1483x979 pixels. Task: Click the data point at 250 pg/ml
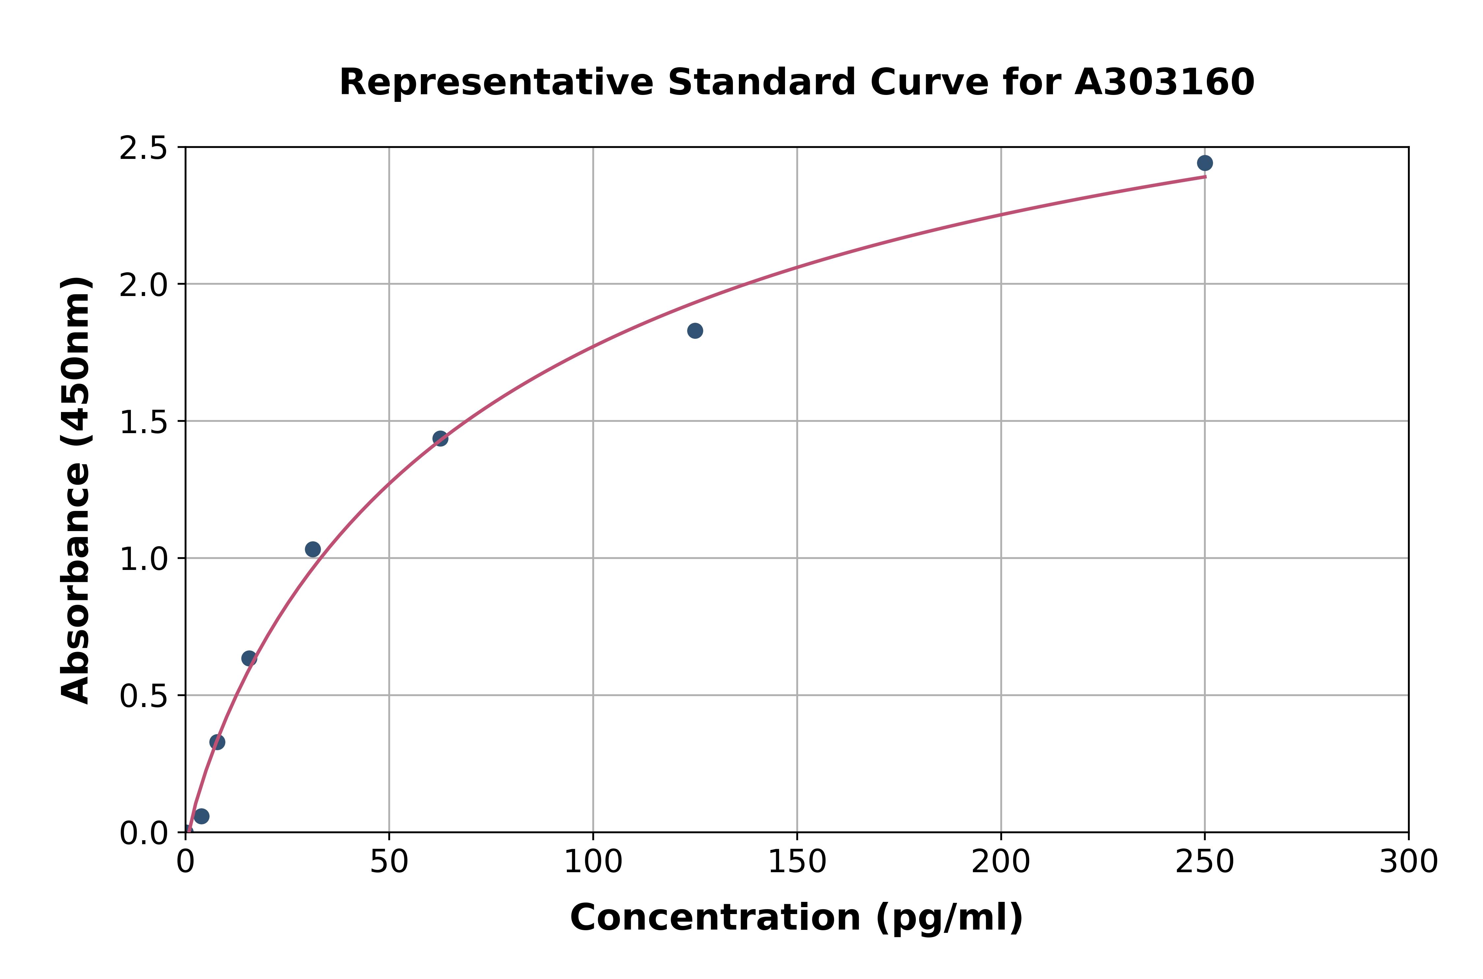point(1205,163)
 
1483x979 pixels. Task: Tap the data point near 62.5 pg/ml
point(440,438)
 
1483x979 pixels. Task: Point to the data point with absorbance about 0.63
point(249,658)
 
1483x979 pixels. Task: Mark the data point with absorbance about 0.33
point(217,742)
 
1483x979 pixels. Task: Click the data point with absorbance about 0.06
point(201,816)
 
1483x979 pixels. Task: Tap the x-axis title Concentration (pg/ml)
point(797,917)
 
